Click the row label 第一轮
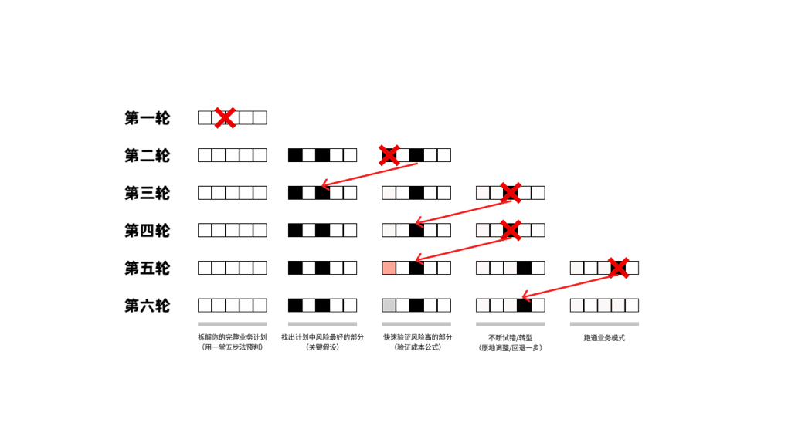coord(147,118)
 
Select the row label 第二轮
coord(147,156)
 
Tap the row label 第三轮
coord(147,193)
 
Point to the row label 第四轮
coord(147,231)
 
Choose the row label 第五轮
coord(147,269)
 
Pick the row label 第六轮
coord(147,306)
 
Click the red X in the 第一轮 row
coord(225,118)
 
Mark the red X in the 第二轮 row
coord(389,155)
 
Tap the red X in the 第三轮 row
coord(510,193)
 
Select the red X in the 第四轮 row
coord(510,230)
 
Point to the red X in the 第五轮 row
coord(618,268)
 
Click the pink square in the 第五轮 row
coord(389,268)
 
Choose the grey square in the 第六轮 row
coord(389,306)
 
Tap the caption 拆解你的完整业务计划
coord(232,337)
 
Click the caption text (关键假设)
coord(322,347)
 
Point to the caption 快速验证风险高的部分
coord(417,337)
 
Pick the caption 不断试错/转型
coord(510,338)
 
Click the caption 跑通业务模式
coord(604,338)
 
